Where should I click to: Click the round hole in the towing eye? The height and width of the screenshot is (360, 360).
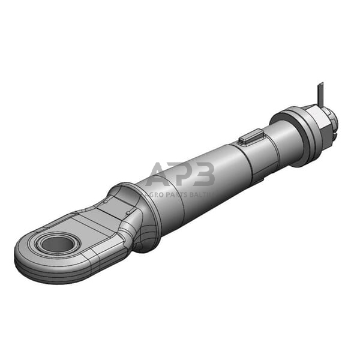(x=58, y=244)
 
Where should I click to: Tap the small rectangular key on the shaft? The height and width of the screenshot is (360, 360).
(x=248, y=138)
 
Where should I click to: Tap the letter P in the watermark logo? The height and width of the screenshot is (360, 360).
(x=182, y=175)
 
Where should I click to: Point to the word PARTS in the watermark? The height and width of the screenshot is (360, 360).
(x=175, y=194)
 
